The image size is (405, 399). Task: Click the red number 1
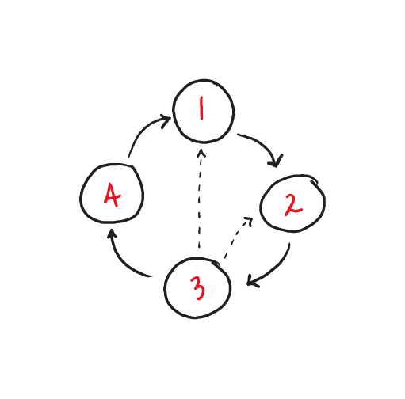coord(202,108)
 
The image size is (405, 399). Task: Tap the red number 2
coord(292,205)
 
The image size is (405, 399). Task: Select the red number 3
coord(197,288)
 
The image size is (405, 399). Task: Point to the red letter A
coord(113,195)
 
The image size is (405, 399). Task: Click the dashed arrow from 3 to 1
coord(200,198)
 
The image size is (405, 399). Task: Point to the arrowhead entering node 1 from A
coord(166,121)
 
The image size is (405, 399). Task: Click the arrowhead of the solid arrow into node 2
coord(276,161)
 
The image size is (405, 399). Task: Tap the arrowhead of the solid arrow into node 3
coord(251,281)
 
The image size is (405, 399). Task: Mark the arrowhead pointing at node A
coord(112,234)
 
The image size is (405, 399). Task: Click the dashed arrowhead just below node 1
coord(201,152)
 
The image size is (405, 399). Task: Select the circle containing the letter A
coord(80,194)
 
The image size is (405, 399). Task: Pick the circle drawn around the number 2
coord(260,203)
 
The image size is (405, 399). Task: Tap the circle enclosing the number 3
coord(164,288)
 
